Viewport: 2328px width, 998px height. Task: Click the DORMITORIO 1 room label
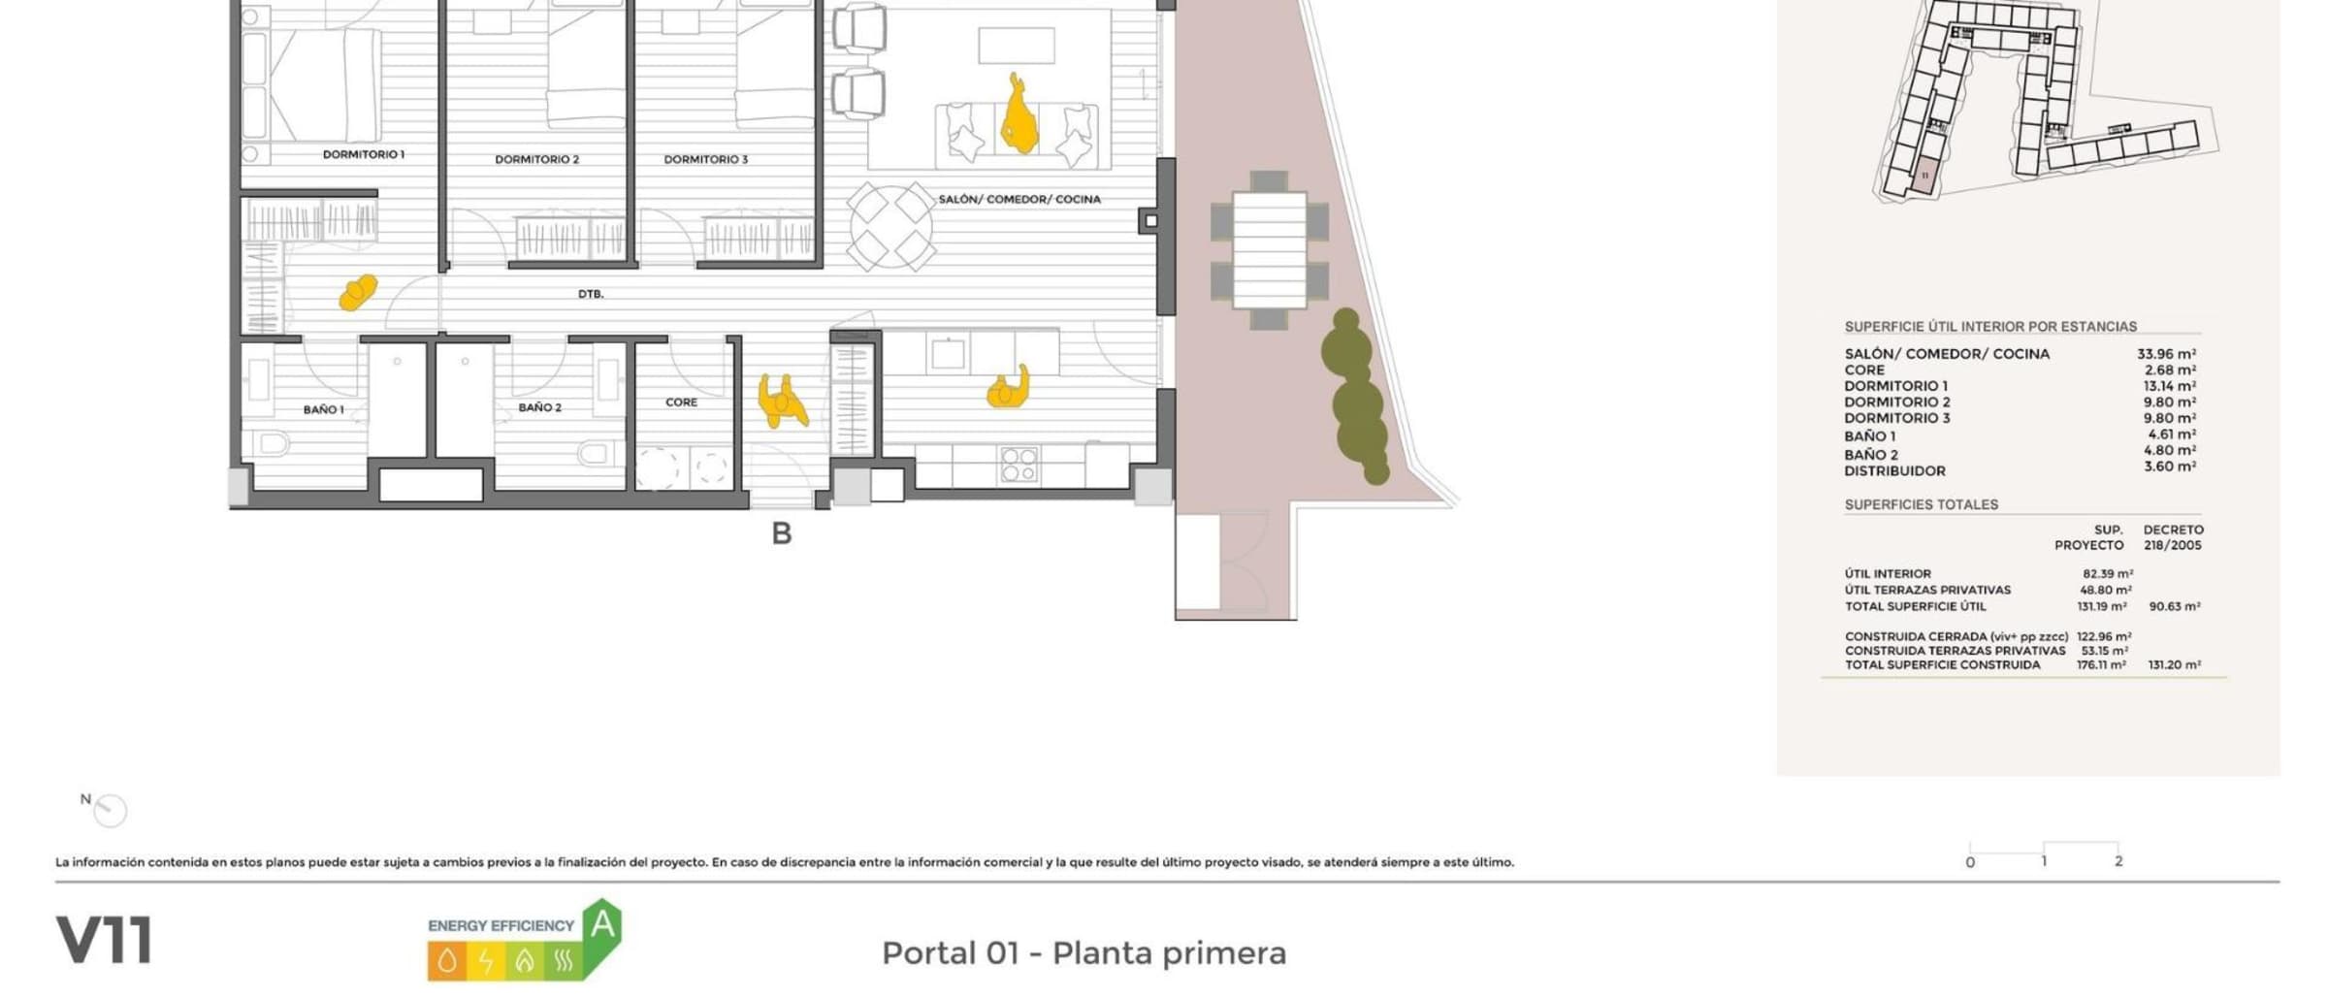tap(363, 154)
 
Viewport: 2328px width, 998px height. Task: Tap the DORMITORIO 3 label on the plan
tap(705, 159)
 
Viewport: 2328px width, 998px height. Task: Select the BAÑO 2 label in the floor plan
tap(539, 407)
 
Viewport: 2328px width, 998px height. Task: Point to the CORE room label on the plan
tap(681, 402)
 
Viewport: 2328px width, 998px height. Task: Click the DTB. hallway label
tap(591, 294)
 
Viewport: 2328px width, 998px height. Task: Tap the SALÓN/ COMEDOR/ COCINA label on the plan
tap(1018, 199)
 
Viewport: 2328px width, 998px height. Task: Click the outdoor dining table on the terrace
tap(1269, 250)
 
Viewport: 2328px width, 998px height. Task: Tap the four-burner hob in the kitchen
tap(1018, 464)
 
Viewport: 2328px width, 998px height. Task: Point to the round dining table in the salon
tap(890, 227)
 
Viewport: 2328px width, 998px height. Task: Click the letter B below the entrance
tap(782, 533)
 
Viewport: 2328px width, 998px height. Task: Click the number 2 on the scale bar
tap(2118, 861)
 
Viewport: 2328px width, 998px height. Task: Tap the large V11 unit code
tap(104, 940)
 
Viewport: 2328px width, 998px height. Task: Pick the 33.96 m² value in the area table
tap(2166, 354)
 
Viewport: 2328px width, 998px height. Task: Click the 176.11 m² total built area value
tap(2101, 665)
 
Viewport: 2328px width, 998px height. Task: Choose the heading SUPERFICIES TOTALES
tap(1921, 504)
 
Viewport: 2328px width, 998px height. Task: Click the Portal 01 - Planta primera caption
tap(1083, 953)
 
